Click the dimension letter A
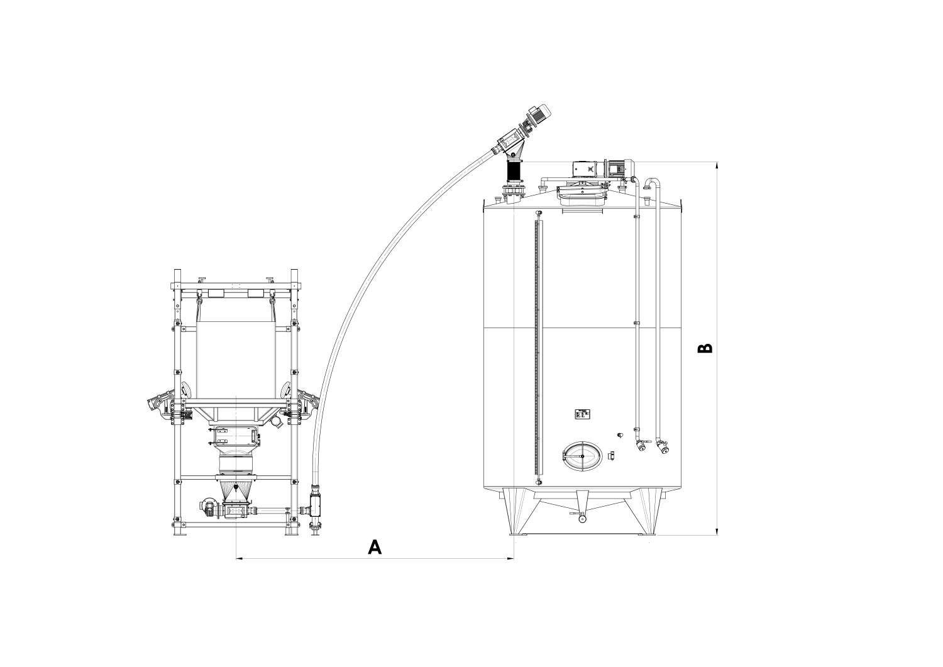pyautogui.click(x=375, y=547)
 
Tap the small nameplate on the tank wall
pyautogui.click(x=582, y=414)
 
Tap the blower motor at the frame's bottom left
pyautogui.click(x=207, y=507)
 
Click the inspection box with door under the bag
pyautogui.click(x=234, y=435)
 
